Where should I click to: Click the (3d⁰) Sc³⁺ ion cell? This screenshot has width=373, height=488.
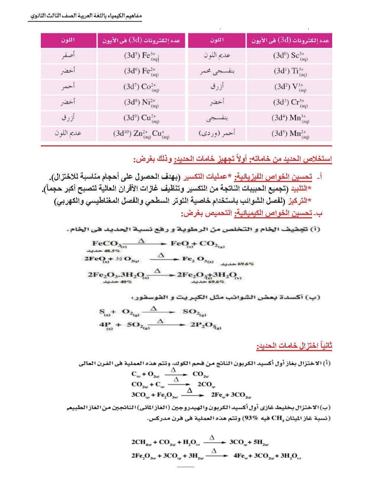[290, 56]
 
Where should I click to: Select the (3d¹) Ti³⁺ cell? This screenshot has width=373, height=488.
[290, 72]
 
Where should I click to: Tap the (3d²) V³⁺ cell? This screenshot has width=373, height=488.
[290, 87]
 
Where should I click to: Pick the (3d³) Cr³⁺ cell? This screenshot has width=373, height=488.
[290, 102]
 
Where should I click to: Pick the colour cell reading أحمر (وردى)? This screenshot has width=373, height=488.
[217, 133]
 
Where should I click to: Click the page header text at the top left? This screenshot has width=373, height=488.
[85, 17]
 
